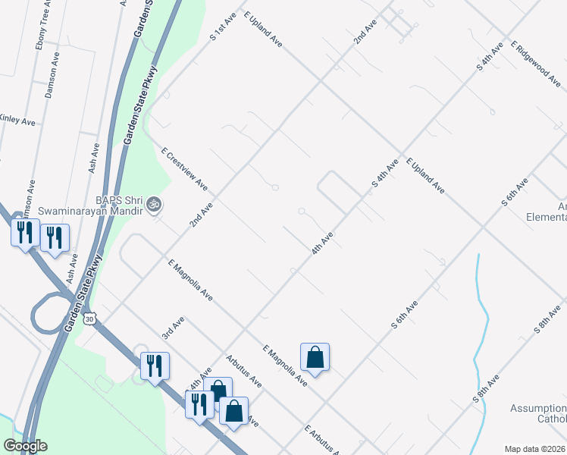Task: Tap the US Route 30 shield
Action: pyautogui.click(x=91, y=319)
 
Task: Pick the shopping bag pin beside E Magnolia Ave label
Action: pyautogui.click(x=315, y=356)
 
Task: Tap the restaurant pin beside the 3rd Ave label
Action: pyautogui.click(x=155, y=366)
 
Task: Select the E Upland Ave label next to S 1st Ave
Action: pyautogui.click(x=263, y=30)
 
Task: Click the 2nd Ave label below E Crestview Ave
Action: pyautogui.click(x=202, y=215)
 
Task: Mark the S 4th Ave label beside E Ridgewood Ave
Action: pyautogui.click(x=490, y=58)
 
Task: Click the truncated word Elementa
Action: pyautogui.click(x=547, y=216)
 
